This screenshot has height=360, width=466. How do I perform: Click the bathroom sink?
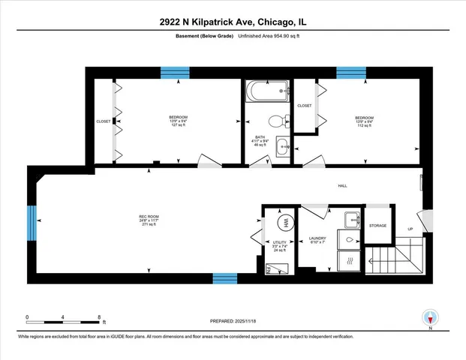pos(282,144)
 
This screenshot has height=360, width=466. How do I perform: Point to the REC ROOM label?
pos(148,217)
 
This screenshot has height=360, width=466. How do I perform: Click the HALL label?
pos(342,186)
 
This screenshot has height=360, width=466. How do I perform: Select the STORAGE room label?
pos(377,225)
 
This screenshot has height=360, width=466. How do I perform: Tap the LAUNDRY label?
pos(317,238)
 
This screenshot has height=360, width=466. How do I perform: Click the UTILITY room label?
pos(279,242)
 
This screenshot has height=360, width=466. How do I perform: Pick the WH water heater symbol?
pos(286,222)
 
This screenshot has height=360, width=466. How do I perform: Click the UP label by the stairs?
pos(410,228)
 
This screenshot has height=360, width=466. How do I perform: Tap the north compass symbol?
pos(429,317)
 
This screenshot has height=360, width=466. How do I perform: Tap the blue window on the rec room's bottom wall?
pos(224,278)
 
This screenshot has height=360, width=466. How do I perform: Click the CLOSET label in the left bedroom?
pos(103,121)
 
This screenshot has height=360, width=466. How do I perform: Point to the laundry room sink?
pos(351,220)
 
